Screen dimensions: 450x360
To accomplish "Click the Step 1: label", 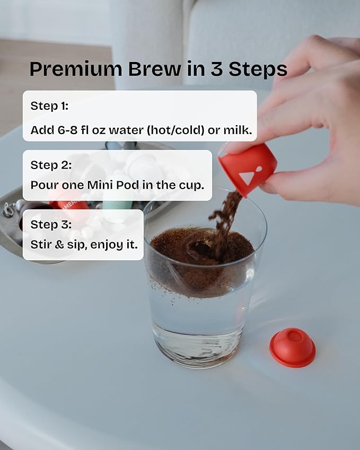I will point(49,105).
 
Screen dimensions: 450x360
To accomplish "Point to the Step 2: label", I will point(50,165).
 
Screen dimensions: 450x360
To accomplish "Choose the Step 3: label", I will point(50,224).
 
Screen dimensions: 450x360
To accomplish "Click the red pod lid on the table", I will point(292,347).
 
